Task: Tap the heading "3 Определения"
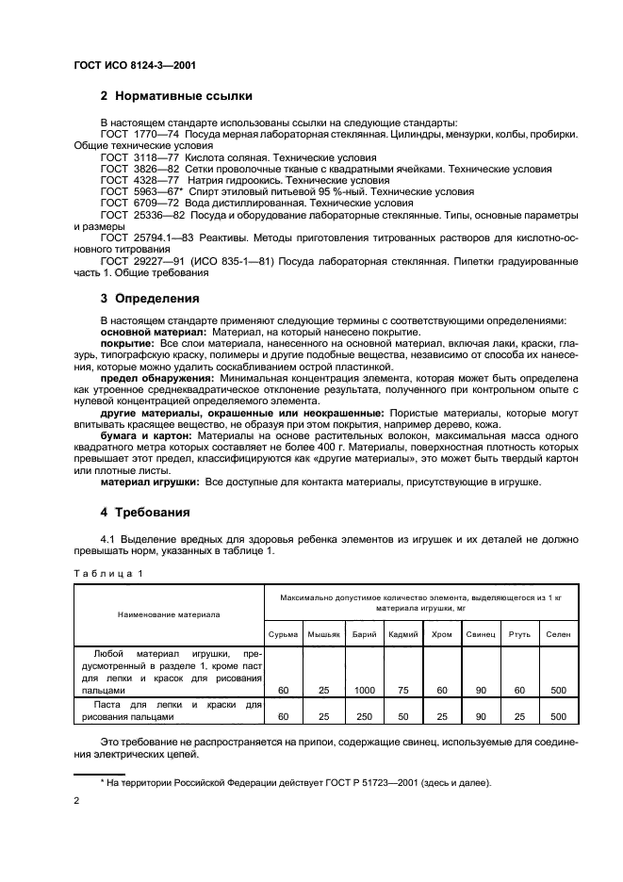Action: click(149, 299)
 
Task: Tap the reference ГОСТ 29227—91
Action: click(142, 260)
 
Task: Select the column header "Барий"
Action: click(365, 634)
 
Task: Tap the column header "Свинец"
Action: click(480, 634)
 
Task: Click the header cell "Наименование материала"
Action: click(169, 613)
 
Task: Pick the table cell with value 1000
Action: click(365, 691)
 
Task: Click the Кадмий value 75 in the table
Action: click(403, 691)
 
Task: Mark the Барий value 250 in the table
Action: click(365, 717)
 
